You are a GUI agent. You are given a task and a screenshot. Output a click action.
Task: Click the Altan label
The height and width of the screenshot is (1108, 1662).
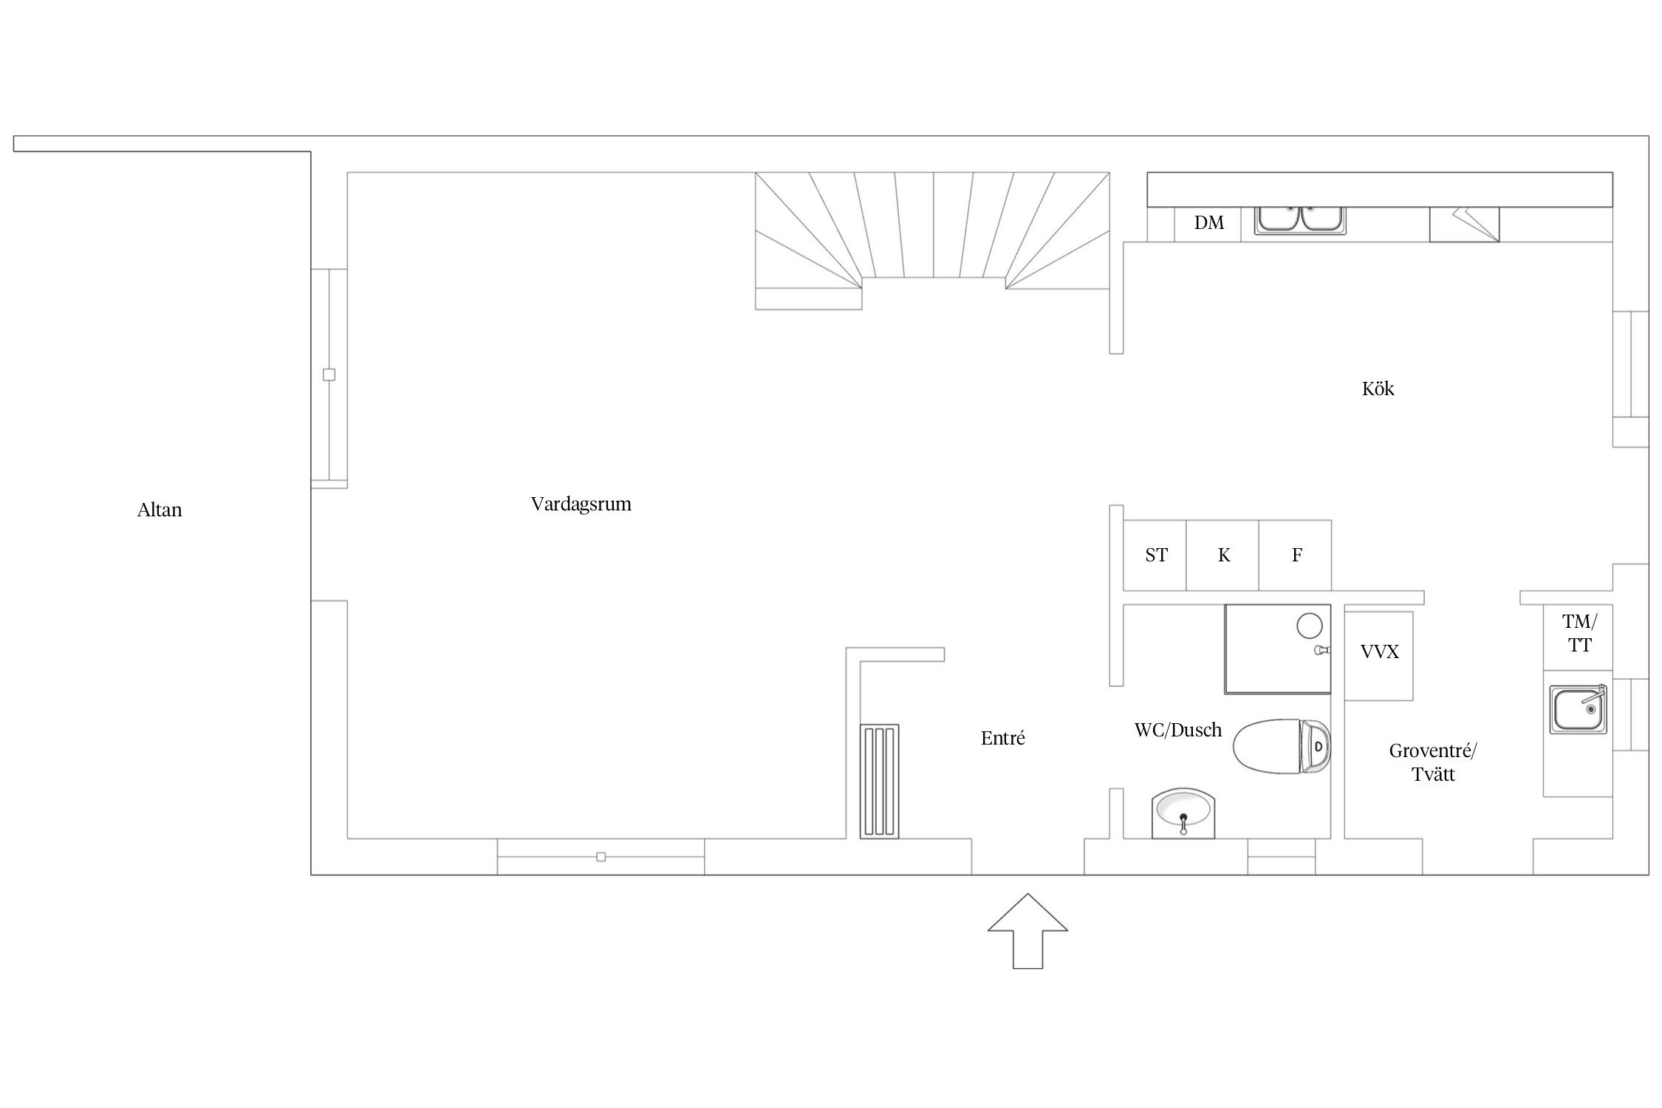point(160,510)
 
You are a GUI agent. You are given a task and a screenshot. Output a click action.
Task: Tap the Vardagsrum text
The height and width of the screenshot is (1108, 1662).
point(581,505)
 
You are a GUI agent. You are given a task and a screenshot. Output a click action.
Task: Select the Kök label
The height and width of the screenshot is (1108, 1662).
point(1378,389)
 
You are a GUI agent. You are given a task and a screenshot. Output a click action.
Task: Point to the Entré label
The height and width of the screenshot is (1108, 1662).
point(1002,738)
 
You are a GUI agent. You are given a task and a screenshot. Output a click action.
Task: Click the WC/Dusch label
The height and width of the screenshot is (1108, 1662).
point(1178,730)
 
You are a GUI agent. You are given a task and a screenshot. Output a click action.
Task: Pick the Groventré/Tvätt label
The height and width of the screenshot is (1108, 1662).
point(1433,762)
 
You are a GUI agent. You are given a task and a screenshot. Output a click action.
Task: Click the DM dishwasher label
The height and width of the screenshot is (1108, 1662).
point(1209,222)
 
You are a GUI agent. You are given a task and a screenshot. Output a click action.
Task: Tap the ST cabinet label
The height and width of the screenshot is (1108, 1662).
point(1156,555)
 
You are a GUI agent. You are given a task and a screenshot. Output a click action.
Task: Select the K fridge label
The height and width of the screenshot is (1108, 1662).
point(1224,555)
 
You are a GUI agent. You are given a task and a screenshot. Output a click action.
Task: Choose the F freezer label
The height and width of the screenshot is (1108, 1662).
point(1296,555)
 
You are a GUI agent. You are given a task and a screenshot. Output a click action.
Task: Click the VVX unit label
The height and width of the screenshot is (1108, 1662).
point(1379,652)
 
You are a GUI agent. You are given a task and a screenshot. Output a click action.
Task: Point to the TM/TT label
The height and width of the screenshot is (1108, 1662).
point(1579,633)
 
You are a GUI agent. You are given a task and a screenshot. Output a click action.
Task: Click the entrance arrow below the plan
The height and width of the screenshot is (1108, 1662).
point(1027,930)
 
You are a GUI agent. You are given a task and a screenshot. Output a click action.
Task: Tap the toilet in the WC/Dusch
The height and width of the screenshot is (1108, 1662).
point(1282,746)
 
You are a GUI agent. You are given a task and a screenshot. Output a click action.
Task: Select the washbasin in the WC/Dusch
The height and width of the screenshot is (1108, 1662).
point(1183,813)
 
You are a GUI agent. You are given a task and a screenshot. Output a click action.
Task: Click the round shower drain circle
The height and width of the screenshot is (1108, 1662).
point(1309,626)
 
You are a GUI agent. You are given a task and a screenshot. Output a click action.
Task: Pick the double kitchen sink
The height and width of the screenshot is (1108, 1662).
point(1300,220)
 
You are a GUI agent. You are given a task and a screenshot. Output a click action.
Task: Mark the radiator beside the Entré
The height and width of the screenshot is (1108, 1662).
point(879,782)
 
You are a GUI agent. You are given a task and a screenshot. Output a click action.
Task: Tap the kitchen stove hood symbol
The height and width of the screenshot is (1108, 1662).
point(1464,225)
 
